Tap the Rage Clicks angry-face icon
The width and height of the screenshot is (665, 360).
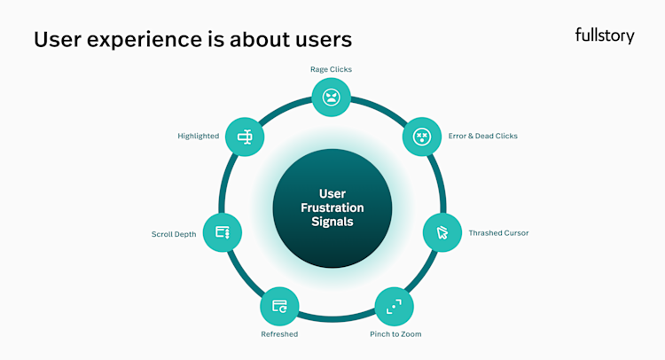(331, 96)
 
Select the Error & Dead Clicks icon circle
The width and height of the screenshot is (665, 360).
(422, 137)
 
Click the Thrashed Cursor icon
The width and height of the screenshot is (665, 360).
(442, 233)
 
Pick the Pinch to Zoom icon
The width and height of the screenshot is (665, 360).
(394, 307)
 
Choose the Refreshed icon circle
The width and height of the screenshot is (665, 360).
(280, 307)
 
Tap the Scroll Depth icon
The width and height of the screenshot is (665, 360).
(223, 233)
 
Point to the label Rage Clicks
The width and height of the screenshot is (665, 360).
(331, 69)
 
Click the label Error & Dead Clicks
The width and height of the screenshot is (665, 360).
(483, 137)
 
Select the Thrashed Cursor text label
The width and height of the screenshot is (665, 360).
(498, 233)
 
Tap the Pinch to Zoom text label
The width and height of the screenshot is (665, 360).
(395, 334)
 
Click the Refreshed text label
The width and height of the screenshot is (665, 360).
(279, 334)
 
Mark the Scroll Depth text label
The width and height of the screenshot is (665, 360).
(174, 235)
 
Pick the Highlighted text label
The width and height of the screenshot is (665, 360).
(199, 137)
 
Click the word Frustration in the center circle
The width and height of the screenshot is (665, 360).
(331, 208)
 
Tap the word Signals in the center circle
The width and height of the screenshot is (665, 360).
(331, 223)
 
